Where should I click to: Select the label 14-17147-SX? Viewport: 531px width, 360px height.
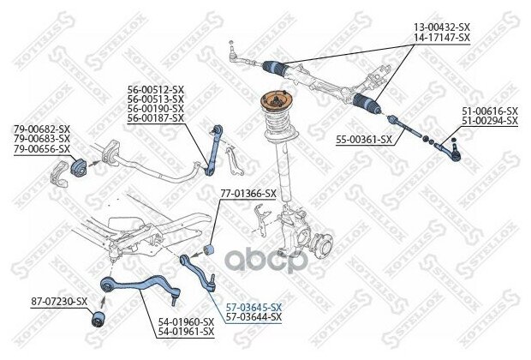(x=442, y=39)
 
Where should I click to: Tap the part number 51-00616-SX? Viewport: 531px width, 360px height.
(x=490, y=111)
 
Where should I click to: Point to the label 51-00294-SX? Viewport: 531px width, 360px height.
(x=490, y=122)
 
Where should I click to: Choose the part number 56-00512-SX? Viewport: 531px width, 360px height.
(x=156, y=89)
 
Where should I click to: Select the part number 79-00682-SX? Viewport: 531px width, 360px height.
(x=42, y=129)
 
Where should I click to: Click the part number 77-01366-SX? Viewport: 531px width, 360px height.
(x=248, y=193)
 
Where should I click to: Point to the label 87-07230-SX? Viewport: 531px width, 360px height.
(x=59, y=301)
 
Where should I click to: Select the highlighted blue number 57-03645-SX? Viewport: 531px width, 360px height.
(x=253, y=307)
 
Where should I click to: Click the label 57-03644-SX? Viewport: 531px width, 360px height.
(x=253, y=317)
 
